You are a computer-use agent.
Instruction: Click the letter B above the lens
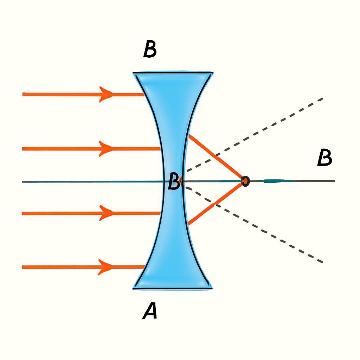(150, 49)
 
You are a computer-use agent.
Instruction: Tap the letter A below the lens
(150, 311)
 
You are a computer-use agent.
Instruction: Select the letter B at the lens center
(174, 182)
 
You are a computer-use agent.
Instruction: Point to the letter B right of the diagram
(324, 157)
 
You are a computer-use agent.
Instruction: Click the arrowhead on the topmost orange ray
(106, 94)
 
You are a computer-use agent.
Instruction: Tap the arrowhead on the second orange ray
(106, 149)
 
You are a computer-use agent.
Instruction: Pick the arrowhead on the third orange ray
(106, 213)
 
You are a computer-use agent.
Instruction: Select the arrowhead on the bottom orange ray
(105, 267)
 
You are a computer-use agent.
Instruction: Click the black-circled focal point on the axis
(245, 181)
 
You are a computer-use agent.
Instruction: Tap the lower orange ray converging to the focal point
(216, 204)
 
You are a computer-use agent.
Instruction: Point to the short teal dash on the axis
(274, 181)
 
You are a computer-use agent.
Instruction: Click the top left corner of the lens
(133, 73)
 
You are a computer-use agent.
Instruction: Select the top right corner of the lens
(213, 73)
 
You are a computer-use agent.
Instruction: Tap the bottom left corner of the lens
(133, 288)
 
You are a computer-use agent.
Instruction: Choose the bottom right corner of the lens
(212, 288)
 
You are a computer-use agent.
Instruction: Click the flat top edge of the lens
(173, 73)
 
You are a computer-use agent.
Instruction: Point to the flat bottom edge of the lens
(173, 288)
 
